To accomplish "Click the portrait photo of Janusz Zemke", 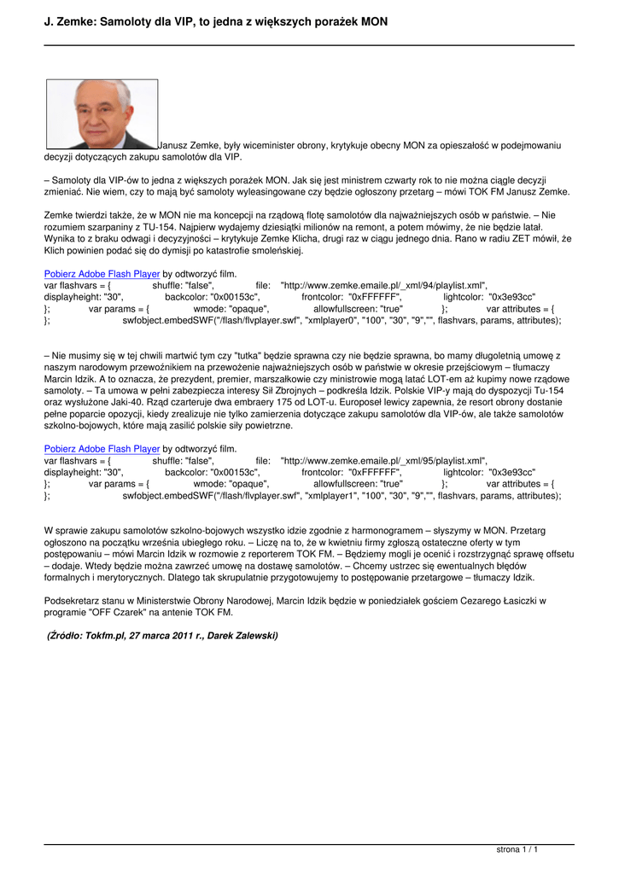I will [102, 114].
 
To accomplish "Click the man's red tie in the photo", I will [103, 142].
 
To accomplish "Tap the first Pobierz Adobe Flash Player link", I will [102, 274].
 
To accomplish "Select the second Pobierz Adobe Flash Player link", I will [102, 448].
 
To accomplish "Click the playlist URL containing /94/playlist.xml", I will [383, 286].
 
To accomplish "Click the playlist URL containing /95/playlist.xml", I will [383, 460].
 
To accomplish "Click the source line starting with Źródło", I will [162, 635].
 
